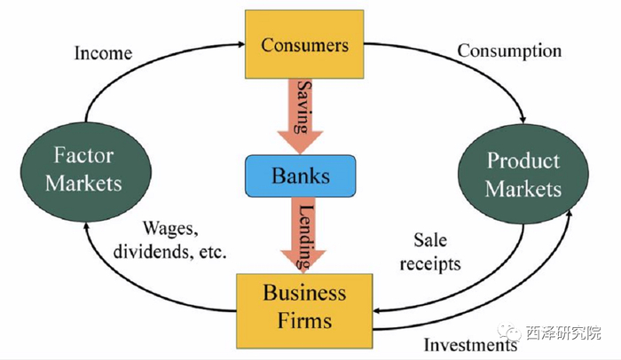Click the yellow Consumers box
pos(304,44)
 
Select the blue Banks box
pos(300,176)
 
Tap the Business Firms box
pos(304,311)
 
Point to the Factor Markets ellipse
pos(86,172)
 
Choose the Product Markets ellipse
pos(523,174)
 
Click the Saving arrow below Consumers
pos(300,116)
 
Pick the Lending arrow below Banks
pos(303,235)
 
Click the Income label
pos(104,53)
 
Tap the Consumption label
pos(509,51)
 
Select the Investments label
pos(470,345)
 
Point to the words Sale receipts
pos(430,252)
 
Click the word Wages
pos(170,229)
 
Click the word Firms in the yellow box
pos(304,320)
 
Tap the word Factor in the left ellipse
pos(83,155)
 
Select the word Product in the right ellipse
pos(523,160)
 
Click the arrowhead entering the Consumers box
pos(241,44)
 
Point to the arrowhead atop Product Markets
pos(523,119)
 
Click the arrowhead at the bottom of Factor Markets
pos(85,226)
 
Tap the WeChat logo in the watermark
pos(509,332)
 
